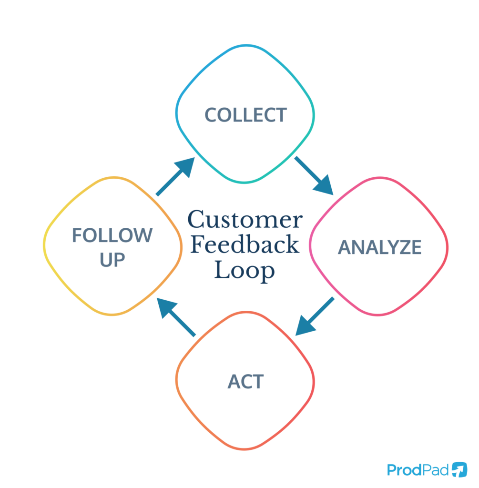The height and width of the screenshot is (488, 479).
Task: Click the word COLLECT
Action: pyautogui.click(x=245, y=115)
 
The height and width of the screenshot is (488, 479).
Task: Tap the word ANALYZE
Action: pyautogui.click(x=379, y=247)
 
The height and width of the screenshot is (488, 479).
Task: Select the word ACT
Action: pyautogui.click(x=245, y=382)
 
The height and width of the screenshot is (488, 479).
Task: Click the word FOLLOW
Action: pyautogui.click(x=112, y=235)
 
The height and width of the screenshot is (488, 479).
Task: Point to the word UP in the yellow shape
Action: pyautogui.click(x=112, y=260)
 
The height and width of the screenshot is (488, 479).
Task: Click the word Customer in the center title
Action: pyautogui.click(x=245, y=220)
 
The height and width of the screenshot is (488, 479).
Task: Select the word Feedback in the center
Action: pyautogui.click(x=245, y=245)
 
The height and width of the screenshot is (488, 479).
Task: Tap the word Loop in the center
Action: pyautogui.click(x=245, y=271)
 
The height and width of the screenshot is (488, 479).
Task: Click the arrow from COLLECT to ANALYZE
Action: pyautogui.click(x=314, y=175)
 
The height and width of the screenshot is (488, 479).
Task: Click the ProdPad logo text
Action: pyautogui.click(x=418, y=470)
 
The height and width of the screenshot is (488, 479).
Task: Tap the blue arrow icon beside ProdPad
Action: pyautogui.click(x=459, y=469)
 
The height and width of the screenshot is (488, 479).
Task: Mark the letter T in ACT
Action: pyautogui.click(x=258, y=382)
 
